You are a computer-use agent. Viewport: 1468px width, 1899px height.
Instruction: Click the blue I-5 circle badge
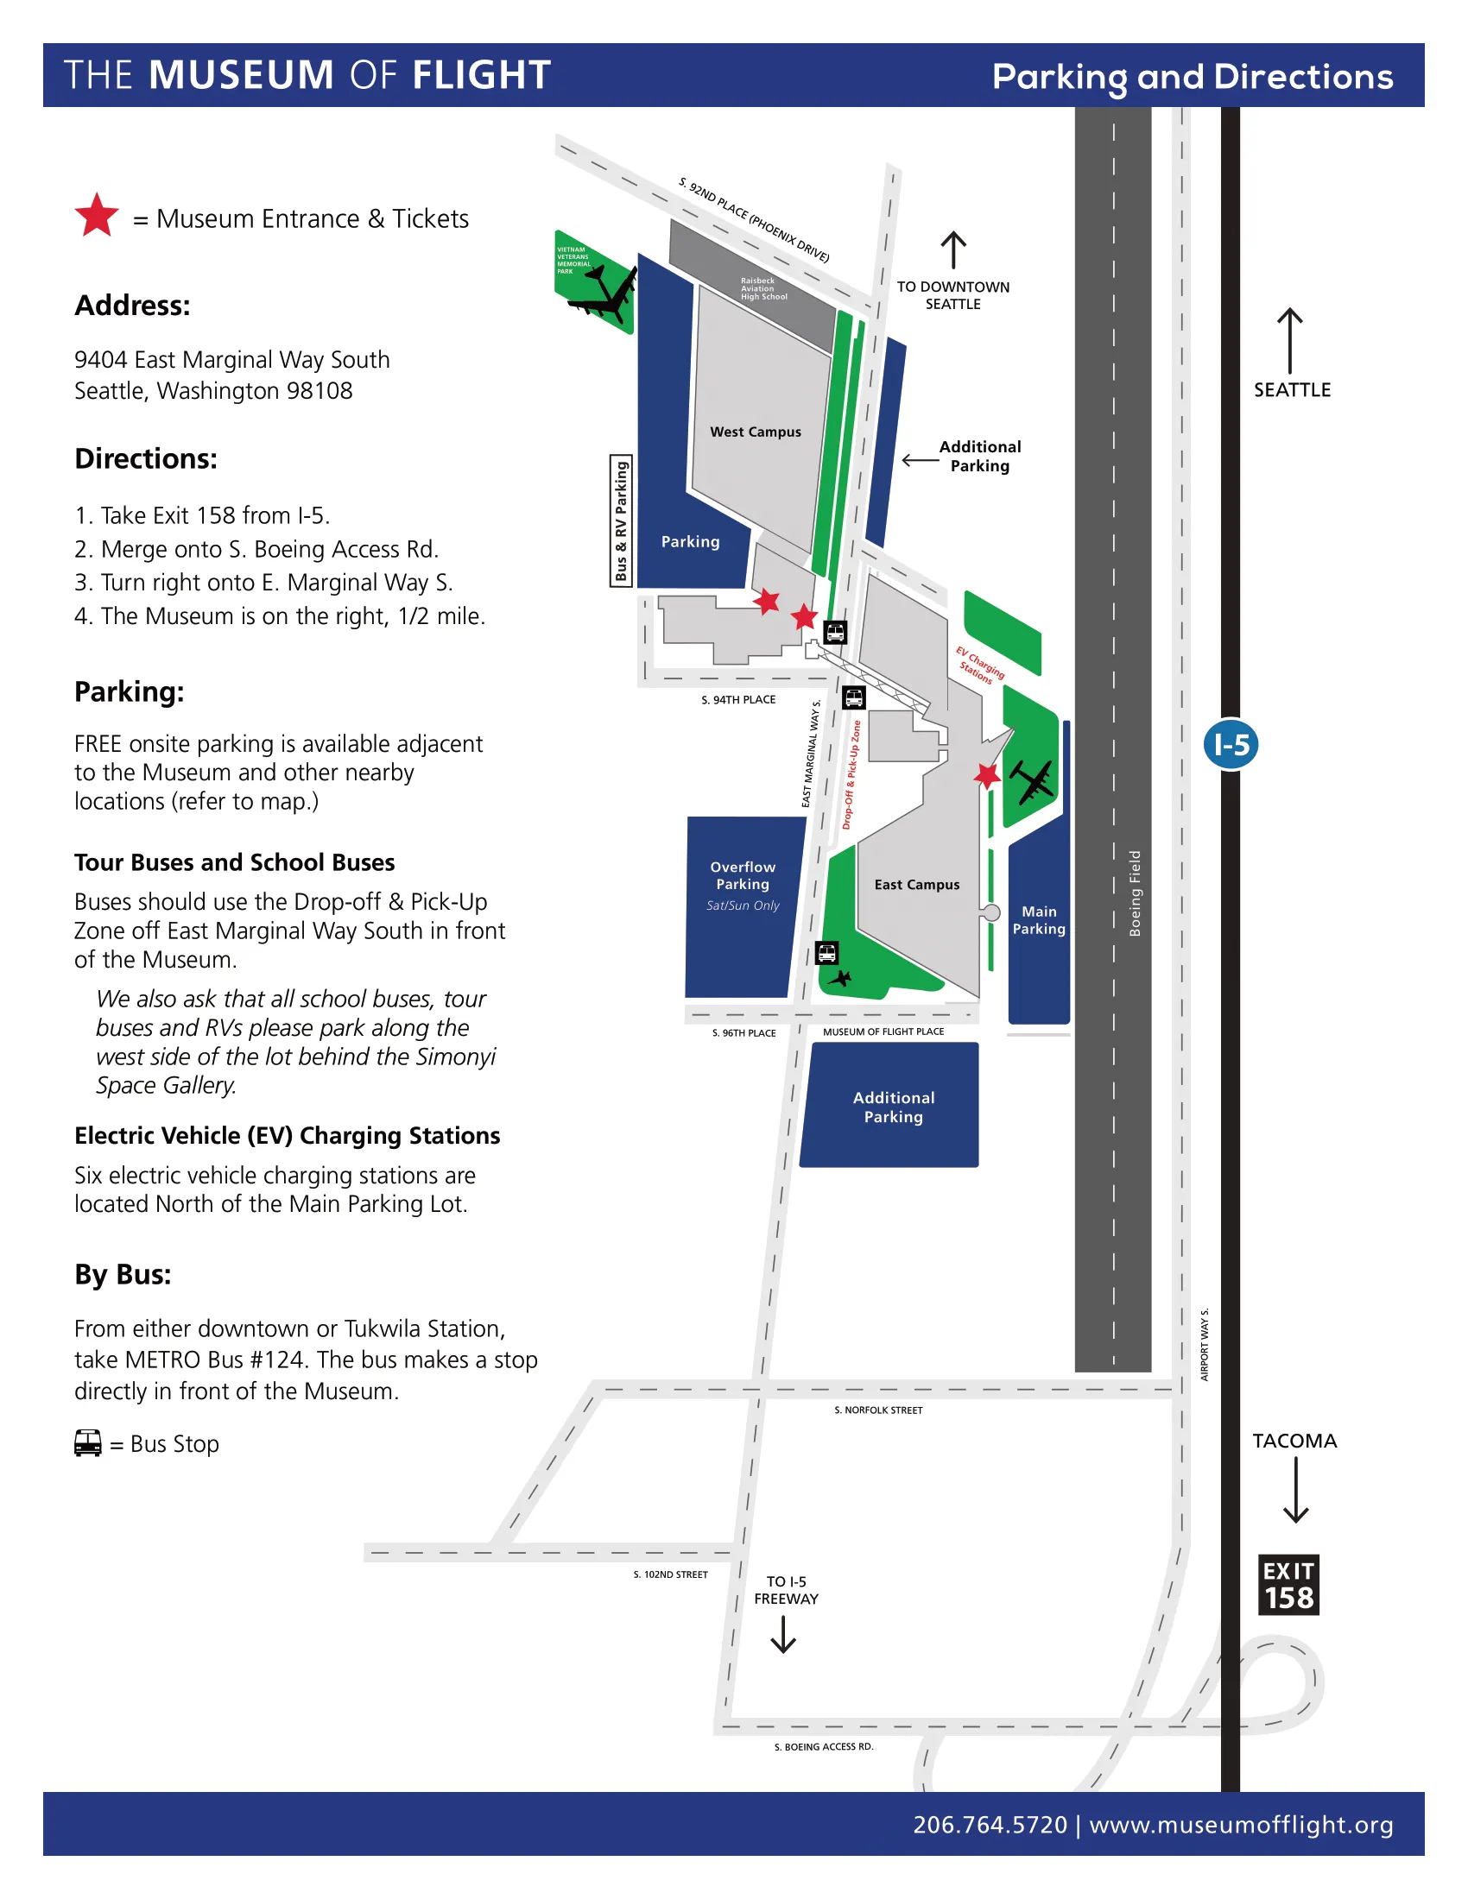(1231, 744)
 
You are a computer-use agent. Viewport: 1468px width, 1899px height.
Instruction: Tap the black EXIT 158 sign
(1288, 1585)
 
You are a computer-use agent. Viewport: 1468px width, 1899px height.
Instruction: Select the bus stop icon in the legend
(88, 1443)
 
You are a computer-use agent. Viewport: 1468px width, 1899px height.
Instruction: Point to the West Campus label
(755, 432)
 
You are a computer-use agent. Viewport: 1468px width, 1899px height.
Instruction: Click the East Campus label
(916, 884)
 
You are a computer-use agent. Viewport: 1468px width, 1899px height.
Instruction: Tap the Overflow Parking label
(742, 875)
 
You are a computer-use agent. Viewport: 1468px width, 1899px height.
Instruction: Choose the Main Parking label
(1038, 920)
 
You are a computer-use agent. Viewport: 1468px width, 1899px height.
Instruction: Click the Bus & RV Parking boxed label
(621, 520)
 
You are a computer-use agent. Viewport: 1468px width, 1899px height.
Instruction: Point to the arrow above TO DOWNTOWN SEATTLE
(953, 249)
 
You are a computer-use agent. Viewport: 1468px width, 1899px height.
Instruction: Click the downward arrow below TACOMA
(1295, 1491)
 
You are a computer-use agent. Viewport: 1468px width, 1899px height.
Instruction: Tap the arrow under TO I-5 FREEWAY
(783, 1634)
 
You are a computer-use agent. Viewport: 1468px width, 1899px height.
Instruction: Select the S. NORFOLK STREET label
(878, 1410)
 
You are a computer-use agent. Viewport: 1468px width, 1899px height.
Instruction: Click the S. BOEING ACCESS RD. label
(824, 1747)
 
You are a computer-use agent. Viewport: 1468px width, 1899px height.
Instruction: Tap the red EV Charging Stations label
(980, 665)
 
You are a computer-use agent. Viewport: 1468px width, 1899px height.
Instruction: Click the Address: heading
(132, 306)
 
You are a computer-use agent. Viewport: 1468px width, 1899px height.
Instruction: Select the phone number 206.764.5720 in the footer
(990, 1825)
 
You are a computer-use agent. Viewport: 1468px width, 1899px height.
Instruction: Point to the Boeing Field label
(1134, 893)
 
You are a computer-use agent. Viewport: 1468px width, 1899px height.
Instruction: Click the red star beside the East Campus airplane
(986, 774)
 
